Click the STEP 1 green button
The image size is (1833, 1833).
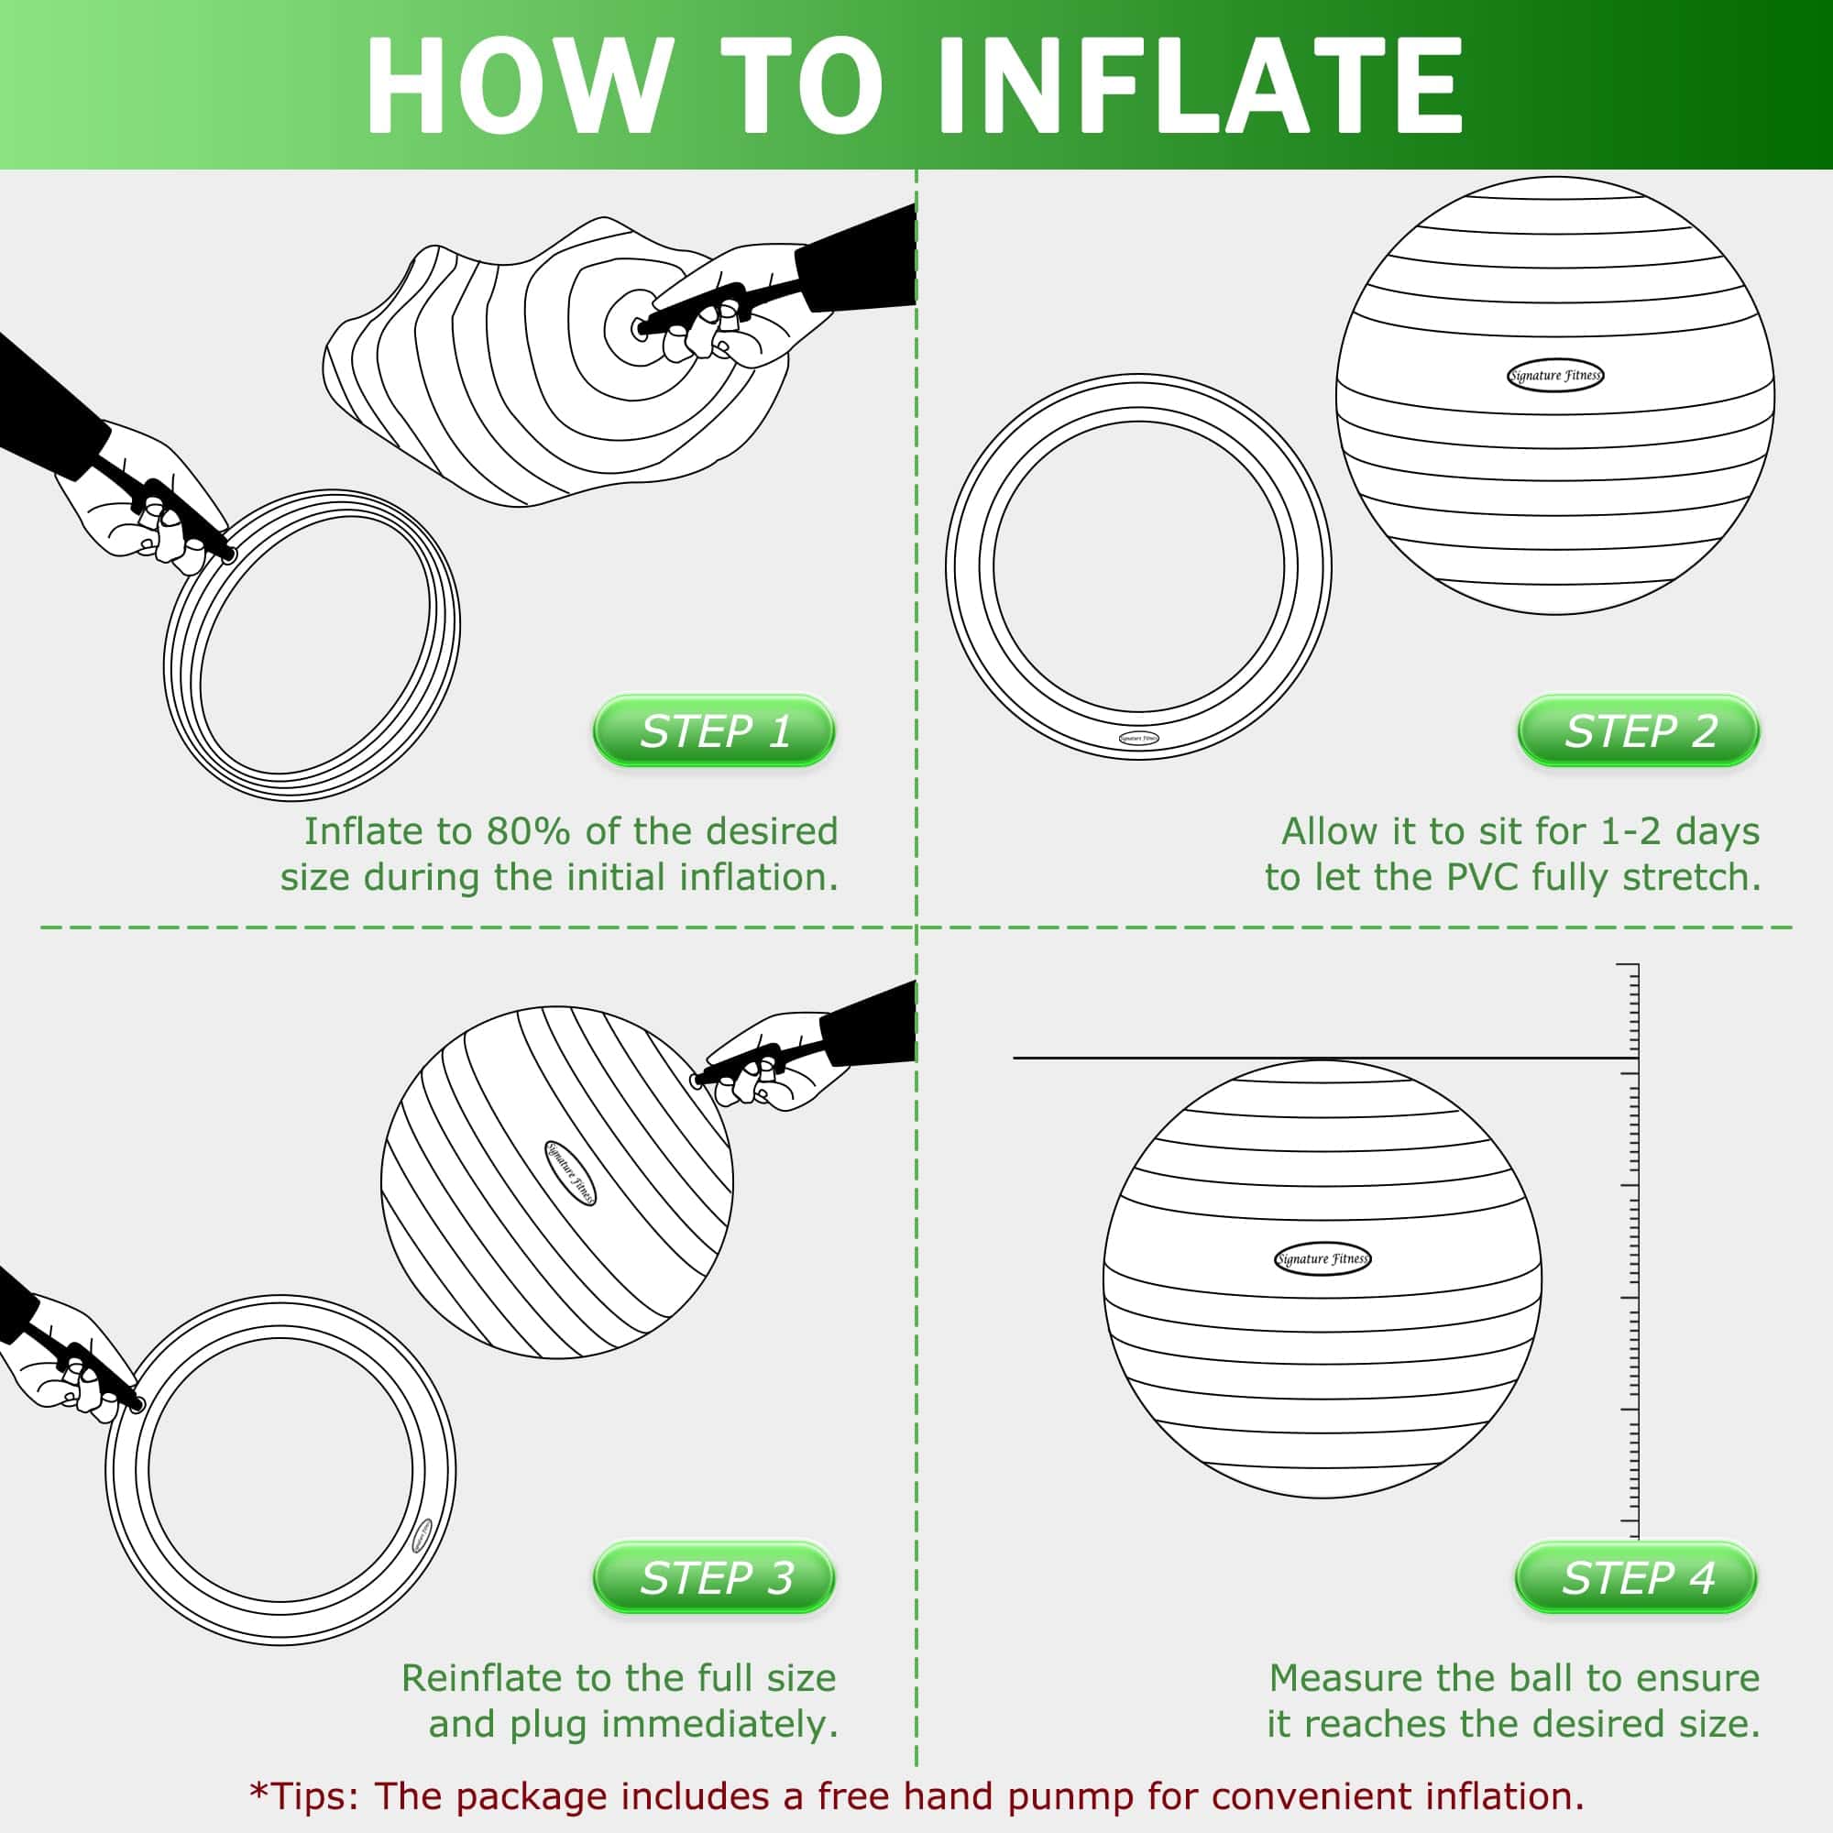coord(713,730)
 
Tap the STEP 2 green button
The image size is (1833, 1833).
coord(1639,730)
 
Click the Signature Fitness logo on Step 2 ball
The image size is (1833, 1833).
coord(1555,376)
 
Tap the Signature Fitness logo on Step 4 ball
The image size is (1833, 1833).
coord(1322,1259)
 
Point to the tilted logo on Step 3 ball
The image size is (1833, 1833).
coord(570,1174)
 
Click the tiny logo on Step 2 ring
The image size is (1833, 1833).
coord(1138,738)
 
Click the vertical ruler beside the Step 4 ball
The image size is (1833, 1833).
coord(1633,1234)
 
